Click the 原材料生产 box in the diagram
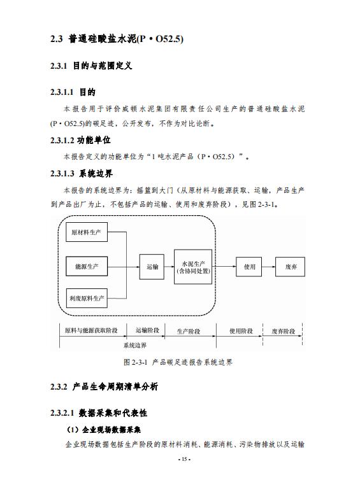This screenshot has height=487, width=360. coord(87,232)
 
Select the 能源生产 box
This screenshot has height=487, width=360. coord(87,267)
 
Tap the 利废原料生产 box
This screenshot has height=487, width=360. coord(87,298)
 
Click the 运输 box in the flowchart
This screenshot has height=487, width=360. coord(152,267)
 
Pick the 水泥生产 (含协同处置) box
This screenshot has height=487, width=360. coord(193,267)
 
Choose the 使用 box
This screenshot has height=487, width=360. coord(248,267)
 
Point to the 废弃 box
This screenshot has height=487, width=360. coord(290,267)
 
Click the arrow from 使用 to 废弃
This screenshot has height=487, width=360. coord(269,267)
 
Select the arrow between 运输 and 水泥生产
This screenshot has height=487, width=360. coord(169,267)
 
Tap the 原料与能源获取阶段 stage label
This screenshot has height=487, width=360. coord(91,330)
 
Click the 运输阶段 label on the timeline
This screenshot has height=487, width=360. coord(147,330)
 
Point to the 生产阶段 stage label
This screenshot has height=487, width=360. coord(189,332)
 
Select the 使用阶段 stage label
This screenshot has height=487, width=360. coord(241,331)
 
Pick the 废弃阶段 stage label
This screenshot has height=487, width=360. coord(283,332)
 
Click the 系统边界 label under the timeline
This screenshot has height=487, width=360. coord(135,345)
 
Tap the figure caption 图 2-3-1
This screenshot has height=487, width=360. coord(178,362)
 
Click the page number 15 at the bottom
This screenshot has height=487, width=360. coord(184,459)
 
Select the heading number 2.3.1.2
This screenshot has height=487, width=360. coord(62,141)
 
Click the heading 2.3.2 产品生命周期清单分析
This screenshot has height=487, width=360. coord(104,386)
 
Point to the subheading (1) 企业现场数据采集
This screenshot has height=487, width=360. coord(103,430)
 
